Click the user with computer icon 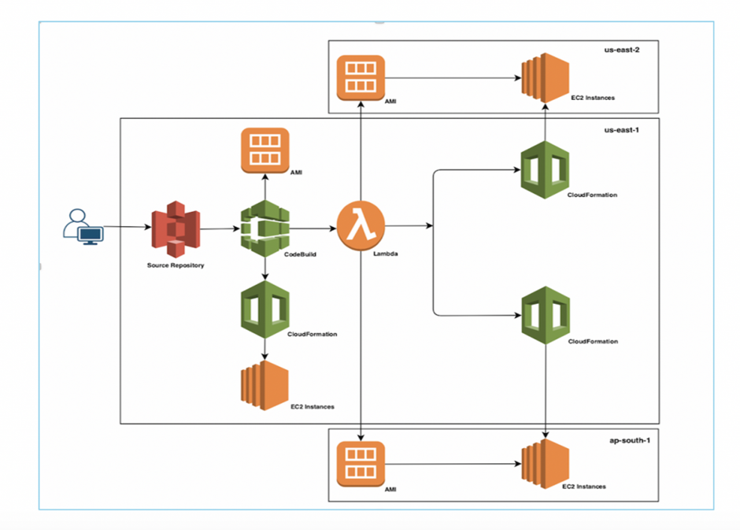click(83, 227)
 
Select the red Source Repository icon click(176, 229)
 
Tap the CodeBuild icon click(265, 228)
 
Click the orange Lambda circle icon click(361, 226)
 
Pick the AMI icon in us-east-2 click(361, 78)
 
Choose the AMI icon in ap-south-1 click(361, 464)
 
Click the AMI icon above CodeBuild click(265, 150)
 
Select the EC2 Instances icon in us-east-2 click(545, 78)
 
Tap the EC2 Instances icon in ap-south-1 click(545, 464)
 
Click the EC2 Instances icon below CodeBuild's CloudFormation click(265, 386)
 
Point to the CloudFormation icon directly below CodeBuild click(265, 309)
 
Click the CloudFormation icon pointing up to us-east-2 click(545, 170)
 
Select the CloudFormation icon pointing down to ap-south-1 click(546, 315)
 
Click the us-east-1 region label click(622, 130)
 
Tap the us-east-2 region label click(622, 50)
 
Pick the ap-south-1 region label click(630, 440)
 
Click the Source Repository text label click(176, 265)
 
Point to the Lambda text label click(386, 254)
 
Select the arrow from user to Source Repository click(128, 227)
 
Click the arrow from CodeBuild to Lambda click(313, 228)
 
